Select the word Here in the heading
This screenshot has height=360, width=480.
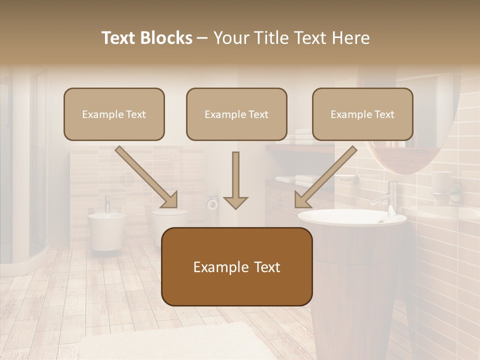[x=349, y=38]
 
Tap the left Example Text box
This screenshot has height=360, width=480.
[x=114, y=114]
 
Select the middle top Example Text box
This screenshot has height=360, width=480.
[x=236, y=114]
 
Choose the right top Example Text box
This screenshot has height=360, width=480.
[x=362, y=114]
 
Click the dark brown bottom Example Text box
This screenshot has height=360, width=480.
[x=236, y=266]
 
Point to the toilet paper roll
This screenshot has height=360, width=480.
[x=212, y=203]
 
